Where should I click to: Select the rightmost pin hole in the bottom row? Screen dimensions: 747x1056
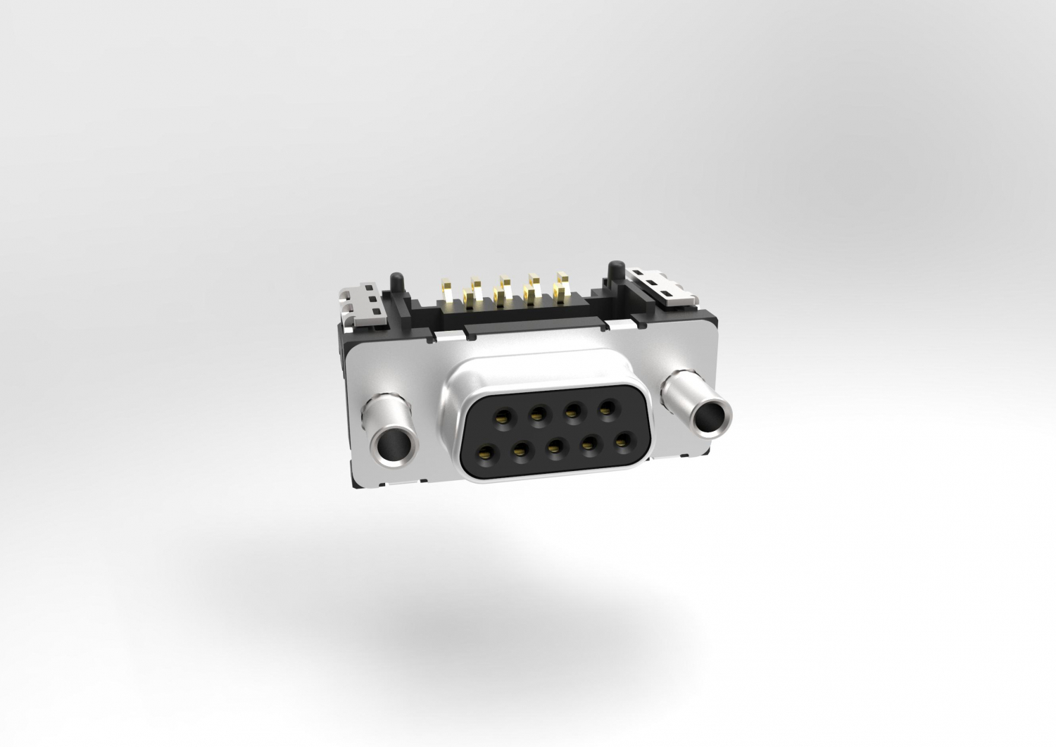pyautogui.click(x=621, y=443)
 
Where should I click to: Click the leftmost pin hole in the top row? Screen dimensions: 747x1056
pyautogui.click(x=503, y=417)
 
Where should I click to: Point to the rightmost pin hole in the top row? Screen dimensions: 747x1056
pyautogui.click(x=604, y=409)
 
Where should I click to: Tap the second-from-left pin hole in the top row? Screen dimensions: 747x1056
pyautogui.click(x=537, y=414)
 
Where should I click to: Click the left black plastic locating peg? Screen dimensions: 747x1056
pyautogui.click(x=397, y=282)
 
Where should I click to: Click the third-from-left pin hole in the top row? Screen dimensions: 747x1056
pyautogui.click(x=571, y=411)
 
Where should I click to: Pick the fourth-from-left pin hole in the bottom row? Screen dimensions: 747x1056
pyautogui.click(x=589, y=445)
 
